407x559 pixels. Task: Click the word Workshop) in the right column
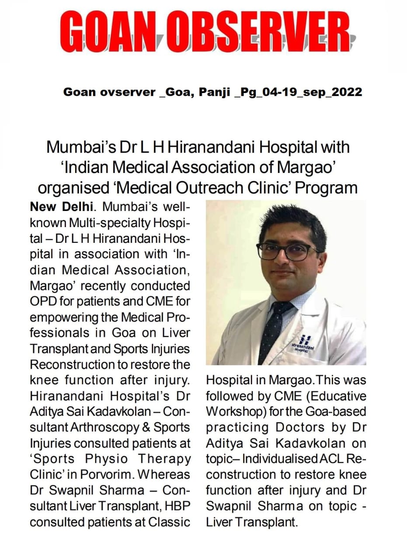point(234,412)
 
